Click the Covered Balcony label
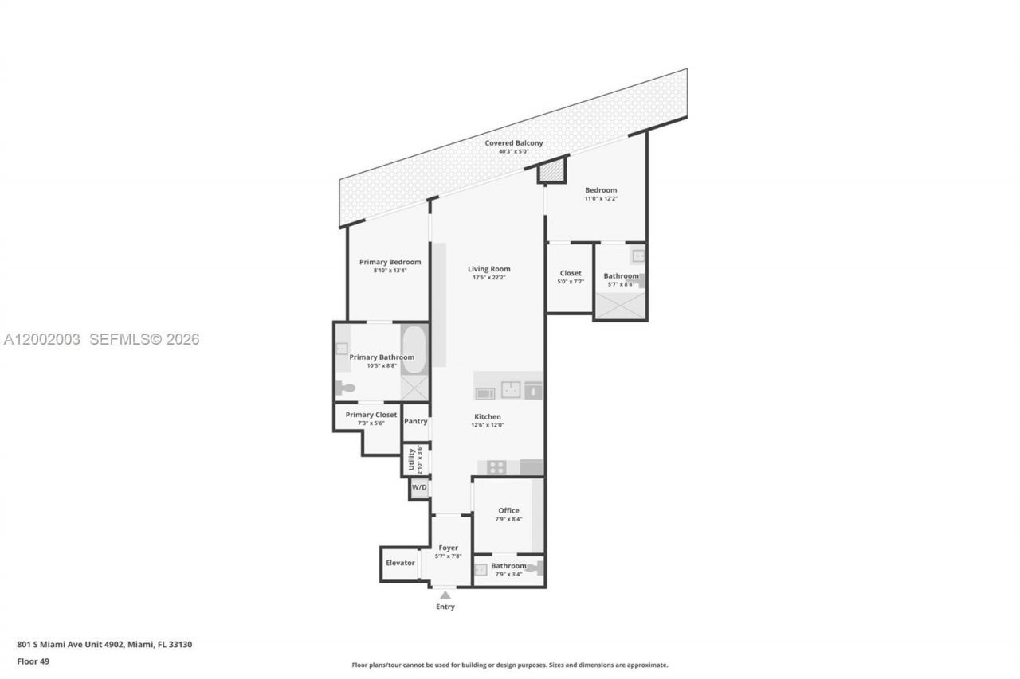[514, 143]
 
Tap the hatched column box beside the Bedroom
[551, 171]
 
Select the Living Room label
[488, 269]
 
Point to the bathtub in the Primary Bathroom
[413, 349]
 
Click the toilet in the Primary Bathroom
[345, 388]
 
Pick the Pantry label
[416, 421]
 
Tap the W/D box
[419, 487]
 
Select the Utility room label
[411, 459]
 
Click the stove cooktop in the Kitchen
[496, 467]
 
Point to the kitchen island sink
[510, 390]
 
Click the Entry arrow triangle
[445, 595]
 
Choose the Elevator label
[400, 563]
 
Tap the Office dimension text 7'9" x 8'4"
[508, 519]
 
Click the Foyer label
[449, 548]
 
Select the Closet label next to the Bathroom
[571, 273]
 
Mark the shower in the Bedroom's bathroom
[620, 306]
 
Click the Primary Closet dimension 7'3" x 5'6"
[371, 423]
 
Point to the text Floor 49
[33, 661]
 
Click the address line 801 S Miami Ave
[104, 644]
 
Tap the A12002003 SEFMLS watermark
[101, 339]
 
